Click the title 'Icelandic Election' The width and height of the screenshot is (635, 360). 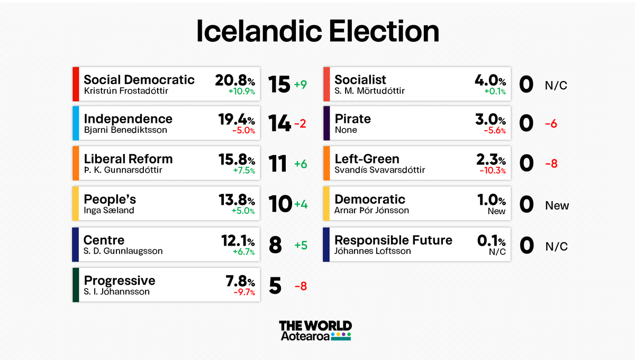click(x=317, y=32)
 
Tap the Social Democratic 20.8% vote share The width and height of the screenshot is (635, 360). click(x=235, y=80)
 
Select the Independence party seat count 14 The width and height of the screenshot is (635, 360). click(x=279, y=124)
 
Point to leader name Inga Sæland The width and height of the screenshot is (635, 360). click(x=108, y=211)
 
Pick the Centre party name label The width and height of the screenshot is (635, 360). click(x=104, y=240)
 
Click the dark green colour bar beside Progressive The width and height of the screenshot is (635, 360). click(x=76, y=285)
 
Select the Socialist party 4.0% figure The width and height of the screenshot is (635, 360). click(x=491, y=80)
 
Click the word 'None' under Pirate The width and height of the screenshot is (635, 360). click(x=346, y=130)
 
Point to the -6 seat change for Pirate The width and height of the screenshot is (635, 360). click(x=551, y=124)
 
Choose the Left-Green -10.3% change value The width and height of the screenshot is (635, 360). click(x=492, y=170)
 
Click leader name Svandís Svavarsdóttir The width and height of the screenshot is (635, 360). click(x=379, y=170)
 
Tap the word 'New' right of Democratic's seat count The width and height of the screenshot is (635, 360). click(x=557, y=205)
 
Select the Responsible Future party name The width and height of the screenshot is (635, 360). click(x=393, y=240)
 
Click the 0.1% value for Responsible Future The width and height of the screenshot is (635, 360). click(x=492, y=240)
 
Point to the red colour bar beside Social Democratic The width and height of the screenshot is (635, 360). click(x=76, y=84)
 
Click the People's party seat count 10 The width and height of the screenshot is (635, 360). click(x=280, y=205)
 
